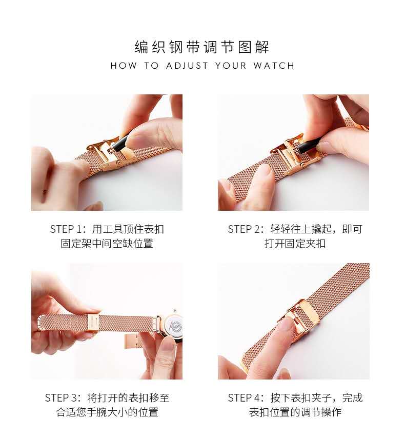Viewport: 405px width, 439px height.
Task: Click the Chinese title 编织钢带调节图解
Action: pos(202,47)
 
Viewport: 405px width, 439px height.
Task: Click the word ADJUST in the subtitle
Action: pos(187,66)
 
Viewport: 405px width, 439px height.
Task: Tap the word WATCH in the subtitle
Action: pos(274,66)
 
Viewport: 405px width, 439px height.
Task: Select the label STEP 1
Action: pos(66,229)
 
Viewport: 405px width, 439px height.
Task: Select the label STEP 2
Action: pos(244,229)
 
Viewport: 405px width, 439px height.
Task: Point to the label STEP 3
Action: pos(60,397)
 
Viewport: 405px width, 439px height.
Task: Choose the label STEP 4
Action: pos(244,397)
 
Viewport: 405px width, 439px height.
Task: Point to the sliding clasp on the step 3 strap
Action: pos(93,323)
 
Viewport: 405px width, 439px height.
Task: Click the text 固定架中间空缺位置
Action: pos(107,243)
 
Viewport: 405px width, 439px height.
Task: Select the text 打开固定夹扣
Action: pos(295,243)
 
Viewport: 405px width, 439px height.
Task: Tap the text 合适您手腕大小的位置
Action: pos(107,412)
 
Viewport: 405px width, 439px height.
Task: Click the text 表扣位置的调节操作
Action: pos(295,412)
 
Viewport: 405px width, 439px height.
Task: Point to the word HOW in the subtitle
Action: pos(124,66)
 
